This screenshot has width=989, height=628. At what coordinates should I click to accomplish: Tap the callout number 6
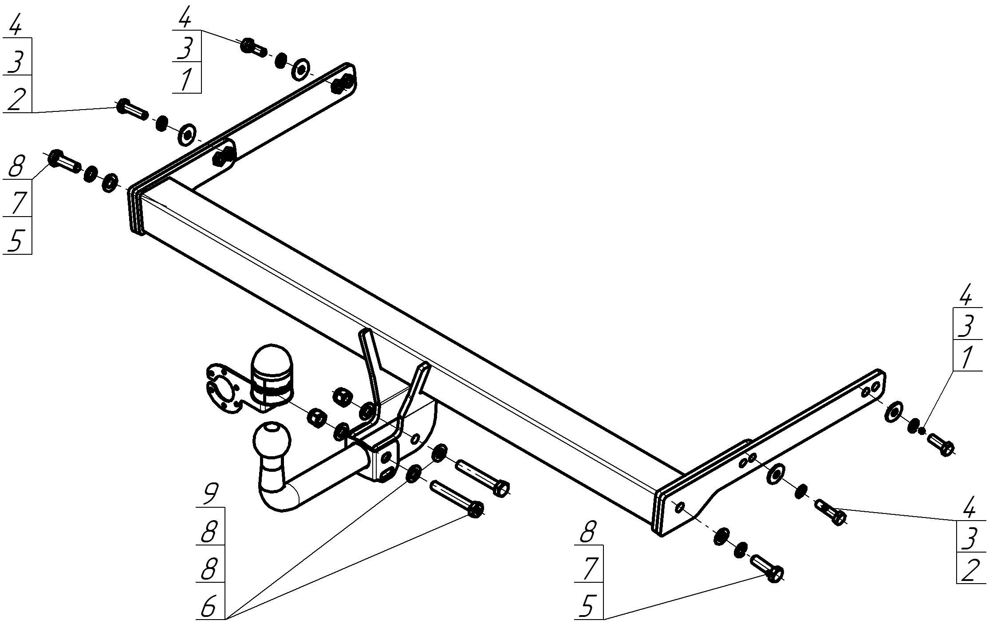click(x=209, y=606)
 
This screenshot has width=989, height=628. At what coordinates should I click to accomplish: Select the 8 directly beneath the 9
click(x=209, y=532)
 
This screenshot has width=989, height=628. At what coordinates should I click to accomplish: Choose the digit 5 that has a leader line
click(x=588, y=606)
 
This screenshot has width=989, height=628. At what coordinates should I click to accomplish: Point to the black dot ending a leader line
click(x=922, y=430)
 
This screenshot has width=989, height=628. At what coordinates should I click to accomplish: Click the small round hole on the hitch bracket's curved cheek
click(x=415, y=439)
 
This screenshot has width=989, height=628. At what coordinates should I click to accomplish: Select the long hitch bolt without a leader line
click(x=484, y=477)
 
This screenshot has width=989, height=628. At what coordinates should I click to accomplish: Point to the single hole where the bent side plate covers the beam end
click(x=680, y=506)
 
